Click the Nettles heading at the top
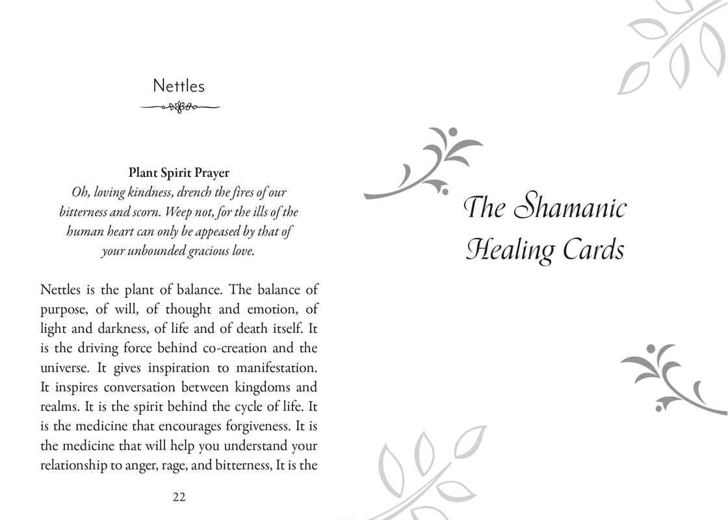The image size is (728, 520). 178,86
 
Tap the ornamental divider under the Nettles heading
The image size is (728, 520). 179,107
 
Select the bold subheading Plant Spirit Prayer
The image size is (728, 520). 179,173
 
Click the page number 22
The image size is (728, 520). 179,497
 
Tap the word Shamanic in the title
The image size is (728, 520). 570,208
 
